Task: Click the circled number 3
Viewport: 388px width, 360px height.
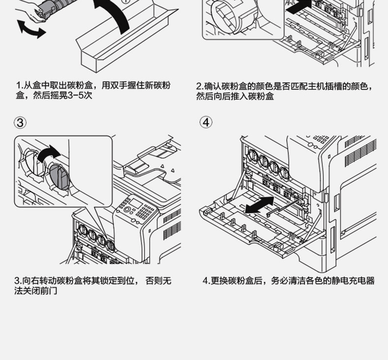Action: click(20, 122)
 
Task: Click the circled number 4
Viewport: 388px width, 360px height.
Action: click(206, 122)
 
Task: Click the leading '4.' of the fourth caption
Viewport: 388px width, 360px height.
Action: click(206, 281)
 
